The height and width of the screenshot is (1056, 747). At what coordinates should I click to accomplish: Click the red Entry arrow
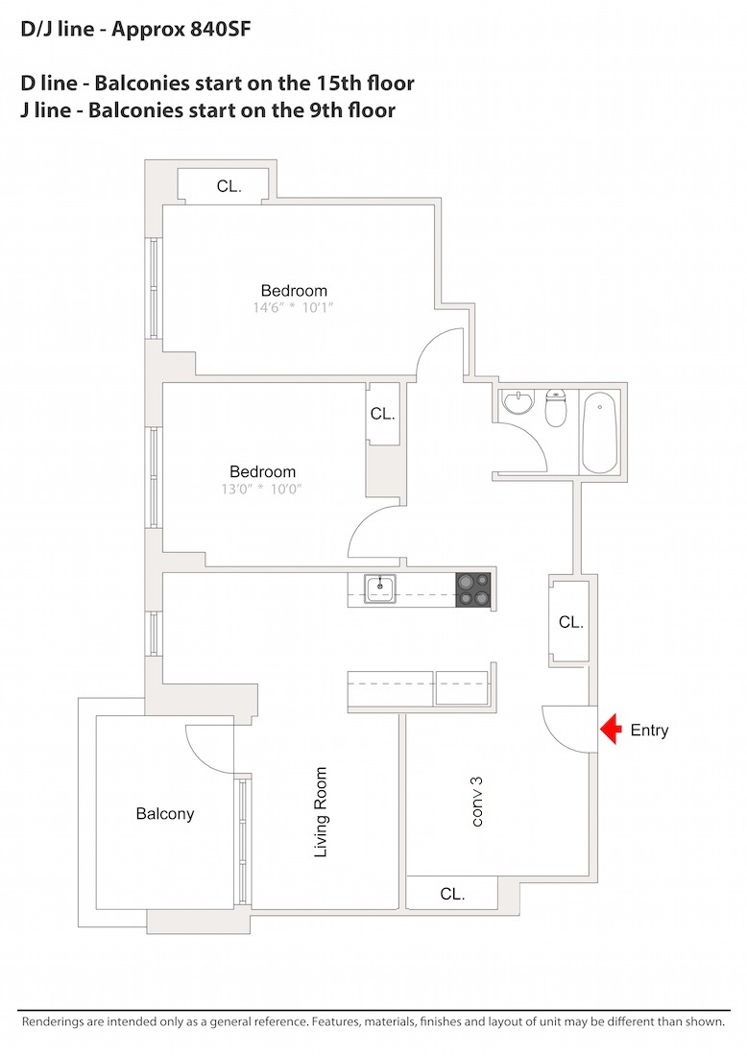611,731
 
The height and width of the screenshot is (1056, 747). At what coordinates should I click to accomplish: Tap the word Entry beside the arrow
649,731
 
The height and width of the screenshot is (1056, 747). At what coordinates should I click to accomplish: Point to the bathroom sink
519,401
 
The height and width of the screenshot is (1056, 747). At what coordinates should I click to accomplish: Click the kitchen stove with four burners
472,588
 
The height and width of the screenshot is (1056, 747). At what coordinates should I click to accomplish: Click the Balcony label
165,814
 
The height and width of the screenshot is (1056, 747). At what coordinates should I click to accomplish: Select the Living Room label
321,811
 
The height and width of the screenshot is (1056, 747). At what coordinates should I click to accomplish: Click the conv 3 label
476,802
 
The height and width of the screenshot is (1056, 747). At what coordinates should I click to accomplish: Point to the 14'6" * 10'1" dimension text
294,308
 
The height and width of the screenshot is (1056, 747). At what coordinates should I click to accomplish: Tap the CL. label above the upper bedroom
229,186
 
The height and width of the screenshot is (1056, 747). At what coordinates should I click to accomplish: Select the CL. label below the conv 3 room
452,894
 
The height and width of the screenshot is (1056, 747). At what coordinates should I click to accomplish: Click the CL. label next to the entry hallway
570,622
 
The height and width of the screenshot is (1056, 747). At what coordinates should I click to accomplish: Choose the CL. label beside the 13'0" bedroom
382,414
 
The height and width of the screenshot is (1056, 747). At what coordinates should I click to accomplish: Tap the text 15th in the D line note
314,84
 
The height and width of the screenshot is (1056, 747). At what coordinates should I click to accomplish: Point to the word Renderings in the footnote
57,1021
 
